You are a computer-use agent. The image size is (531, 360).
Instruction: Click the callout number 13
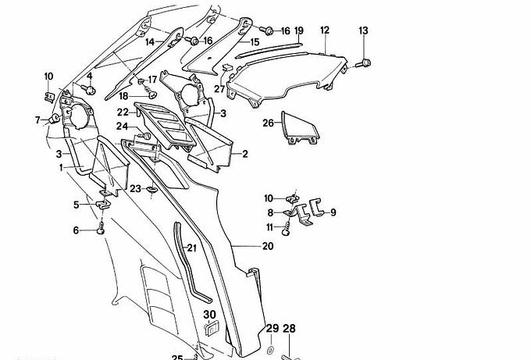click(363, 30)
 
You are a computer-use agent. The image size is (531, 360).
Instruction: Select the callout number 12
click(324, 30)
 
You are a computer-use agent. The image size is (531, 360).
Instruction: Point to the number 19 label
click(298, 30)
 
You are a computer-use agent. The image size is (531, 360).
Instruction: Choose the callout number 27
click(219, 89)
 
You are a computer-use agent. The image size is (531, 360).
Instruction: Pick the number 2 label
click(244, 154)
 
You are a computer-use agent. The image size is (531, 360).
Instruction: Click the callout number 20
click(268, 246)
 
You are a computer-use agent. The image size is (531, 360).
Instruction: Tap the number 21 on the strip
click(191, 248)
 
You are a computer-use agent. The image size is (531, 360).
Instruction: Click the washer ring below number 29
click(271, 348)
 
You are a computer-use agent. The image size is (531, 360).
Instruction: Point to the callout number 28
click(289, 329)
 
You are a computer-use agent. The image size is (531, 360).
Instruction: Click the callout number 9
click(333, 212)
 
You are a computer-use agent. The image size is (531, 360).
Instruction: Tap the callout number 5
click(77, 205)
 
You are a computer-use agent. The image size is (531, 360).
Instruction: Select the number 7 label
click(37, 119)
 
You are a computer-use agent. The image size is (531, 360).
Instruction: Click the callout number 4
click(89, 76)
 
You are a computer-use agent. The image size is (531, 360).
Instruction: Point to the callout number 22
click(123, 112)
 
